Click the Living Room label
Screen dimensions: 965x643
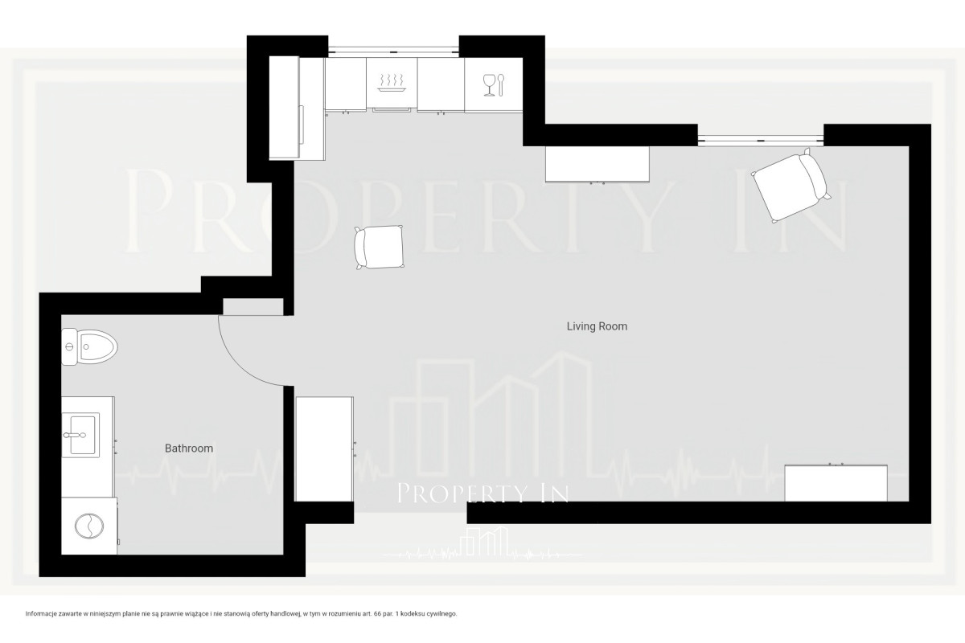point(597,326)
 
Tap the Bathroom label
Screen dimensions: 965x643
point(189,448)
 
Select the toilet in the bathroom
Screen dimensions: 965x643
point(89,346)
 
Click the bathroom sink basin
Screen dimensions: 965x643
point(81,435)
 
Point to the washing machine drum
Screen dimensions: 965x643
point(89,526)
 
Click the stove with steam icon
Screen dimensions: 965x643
point(392,84)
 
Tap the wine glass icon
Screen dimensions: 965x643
point(489,85)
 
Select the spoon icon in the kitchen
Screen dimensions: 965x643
point(500,85)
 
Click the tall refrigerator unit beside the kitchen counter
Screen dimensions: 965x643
point(297,108)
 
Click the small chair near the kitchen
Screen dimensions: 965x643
point(379,248)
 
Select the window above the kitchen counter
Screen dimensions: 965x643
point(393,51)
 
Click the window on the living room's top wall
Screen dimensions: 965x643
point(761,140)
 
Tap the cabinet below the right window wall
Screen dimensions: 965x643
point(597,165)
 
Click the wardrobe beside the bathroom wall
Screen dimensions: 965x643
point(324,449)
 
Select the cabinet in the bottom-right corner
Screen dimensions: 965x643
point(836,482)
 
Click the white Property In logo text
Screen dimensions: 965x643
point(482,494)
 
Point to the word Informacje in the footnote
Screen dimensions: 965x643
point(38,614)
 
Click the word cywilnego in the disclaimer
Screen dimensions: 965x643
point(445,614)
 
